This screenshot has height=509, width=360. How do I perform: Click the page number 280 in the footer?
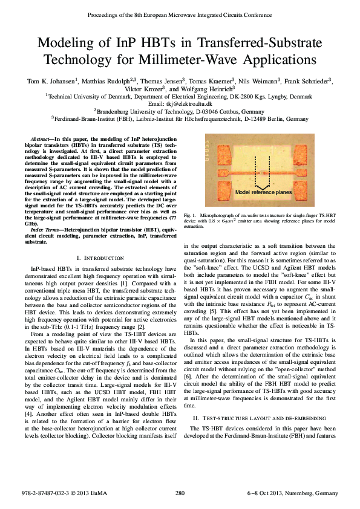(x=180, y=494)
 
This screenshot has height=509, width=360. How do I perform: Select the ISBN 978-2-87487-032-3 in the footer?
(x=50, y=494)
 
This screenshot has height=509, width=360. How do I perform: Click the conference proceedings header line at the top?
(x=180, y=13)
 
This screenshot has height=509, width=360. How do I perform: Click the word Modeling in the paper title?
(x=67, y=44)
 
